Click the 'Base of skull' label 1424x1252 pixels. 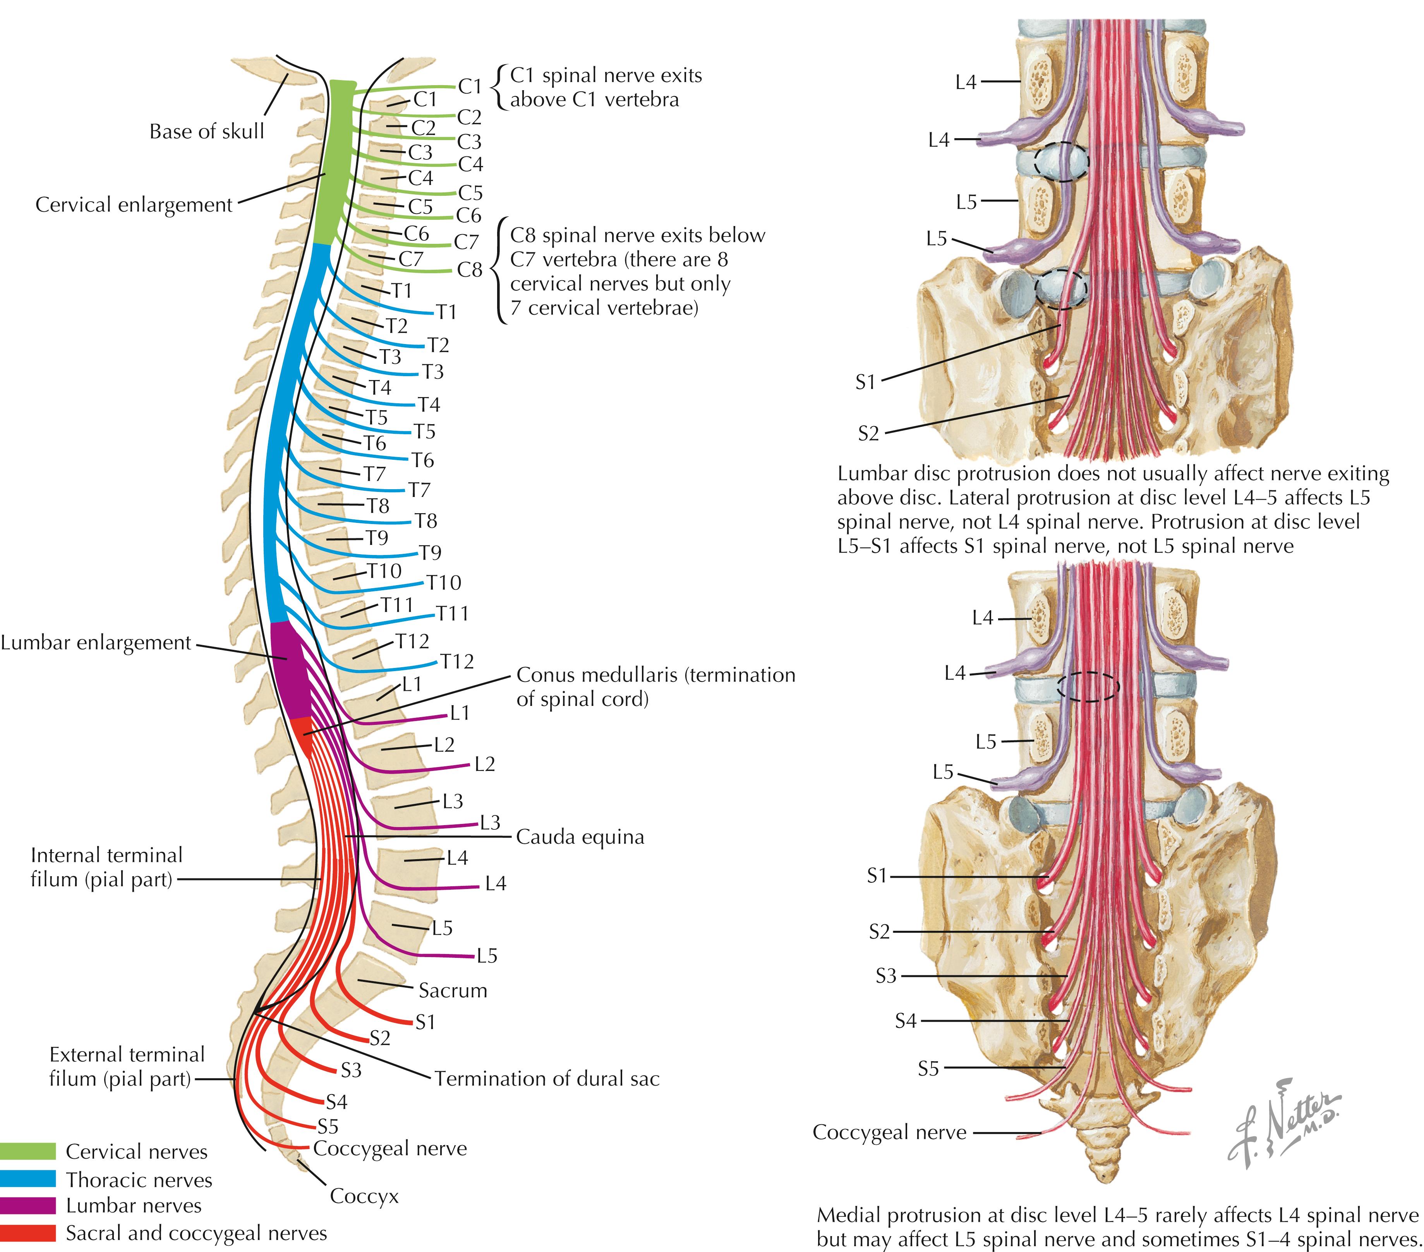pyautogui.click(x=207, y=132)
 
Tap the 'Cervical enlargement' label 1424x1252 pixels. pyautogui.click(x=134, y=205)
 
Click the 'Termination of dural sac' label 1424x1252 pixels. pyautogui.click(x=547, y=1079)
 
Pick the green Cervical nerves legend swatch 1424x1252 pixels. pyautogui.click(x=28, y=1151)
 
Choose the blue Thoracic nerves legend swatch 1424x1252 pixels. pyautogui.click(x=28, y=1179)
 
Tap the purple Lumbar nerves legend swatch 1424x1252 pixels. pyautogui.click(x=28, y=1205)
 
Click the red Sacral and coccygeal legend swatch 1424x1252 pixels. pyautogui.click(x=28, y=1233)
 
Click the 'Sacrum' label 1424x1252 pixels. pyautogui.click(x=453, y=990)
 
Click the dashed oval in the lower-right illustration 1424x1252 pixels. pyautogui.click(x=1088, y=687)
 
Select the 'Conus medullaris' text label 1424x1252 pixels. pyautogui.click(x=655, y=687)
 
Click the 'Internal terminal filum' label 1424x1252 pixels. pyautogui.click(x=106, y=867)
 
